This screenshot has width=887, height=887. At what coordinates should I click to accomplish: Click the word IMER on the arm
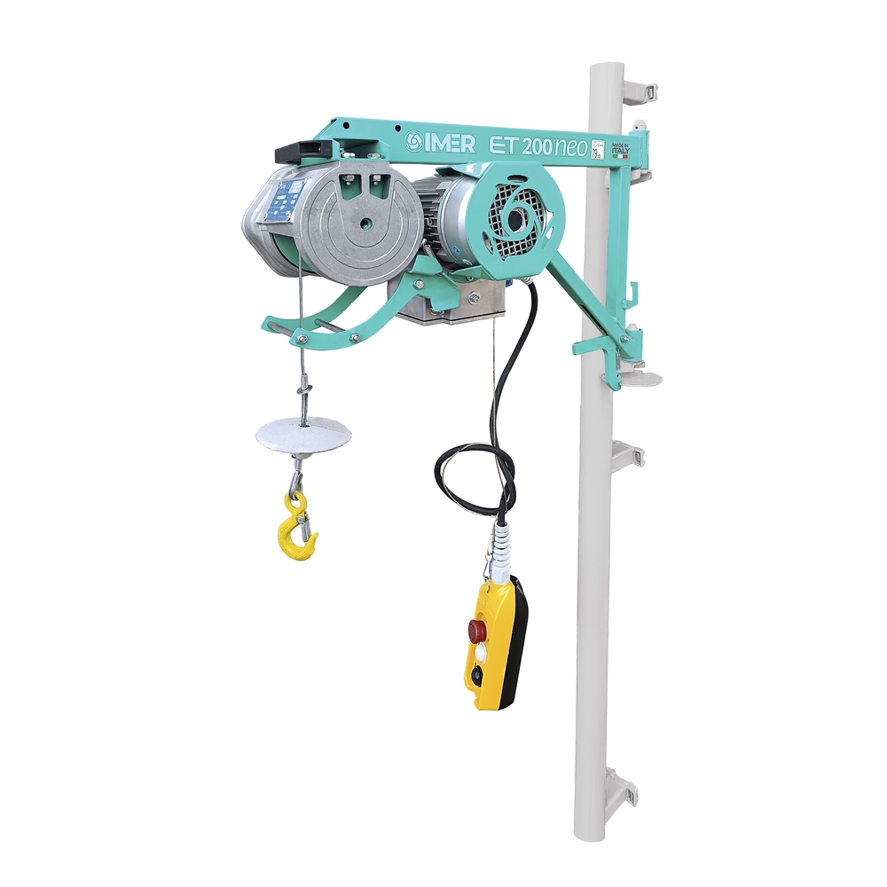coord(452,143)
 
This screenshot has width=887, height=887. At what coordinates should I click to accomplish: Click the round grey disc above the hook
coord(302,435)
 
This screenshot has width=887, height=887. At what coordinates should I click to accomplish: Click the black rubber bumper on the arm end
coord(304,151)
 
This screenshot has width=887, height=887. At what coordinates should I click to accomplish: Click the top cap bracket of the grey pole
coord(638,90)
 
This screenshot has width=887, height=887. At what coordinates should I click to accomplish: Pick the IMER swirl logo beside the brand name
coord(414,142)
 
